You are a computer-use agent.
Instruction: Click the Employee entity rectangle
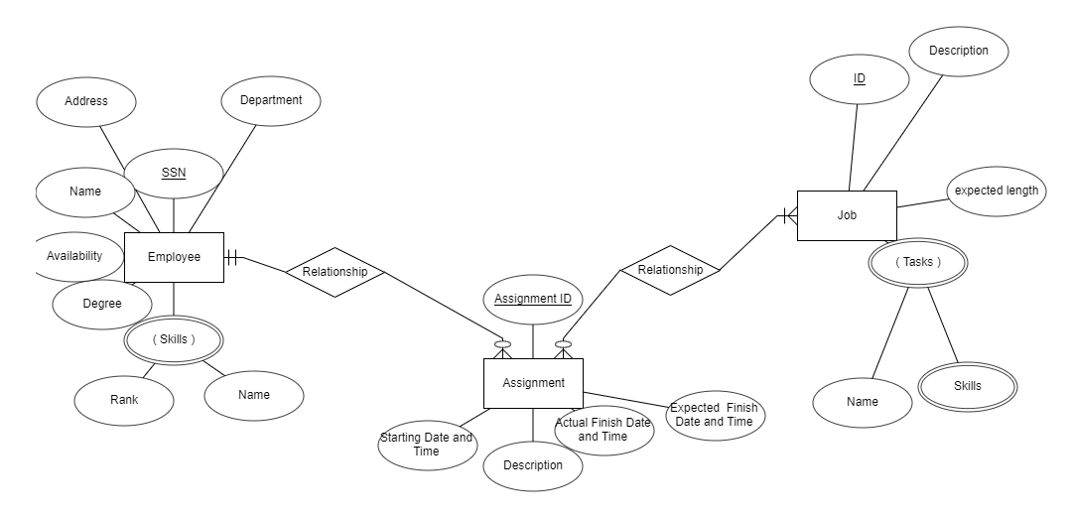174,257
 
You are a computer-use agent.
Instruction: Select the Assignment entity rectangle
533,383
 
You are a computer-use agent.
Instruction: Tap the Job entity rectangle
847,215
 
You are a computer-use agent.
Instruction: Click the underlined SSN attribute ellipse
174,174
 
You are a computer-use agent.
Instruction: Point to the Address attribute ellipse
86,101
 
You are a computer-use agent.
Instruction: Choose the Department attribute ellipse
271,100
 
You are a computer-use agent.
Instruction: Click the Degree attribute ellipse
101,304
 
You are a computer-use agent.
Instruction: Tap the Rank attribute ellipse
124,400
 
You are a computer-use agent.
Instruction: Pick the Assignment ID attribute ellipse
533,299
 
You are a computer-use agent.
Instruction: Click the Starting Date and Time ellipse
427,444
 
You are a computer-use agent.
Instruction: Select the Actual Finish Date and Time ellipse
603,430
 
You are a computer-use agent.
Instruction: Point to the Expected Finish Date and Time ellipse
714,415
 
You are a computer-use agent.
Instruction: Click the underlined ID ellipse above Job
860,78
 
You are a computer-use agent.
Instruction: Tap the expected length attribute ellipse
997,191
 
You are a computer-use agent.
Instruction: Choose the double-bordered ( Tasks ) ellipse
917,263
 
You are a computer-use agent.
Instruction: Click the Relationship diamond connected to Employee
335,272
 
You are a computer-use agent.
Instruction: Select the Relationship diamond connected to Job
670,270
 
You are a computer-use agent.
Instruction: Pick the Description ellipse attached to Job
958,51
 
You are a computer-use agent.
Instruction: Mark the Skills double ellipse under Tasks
967,386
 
